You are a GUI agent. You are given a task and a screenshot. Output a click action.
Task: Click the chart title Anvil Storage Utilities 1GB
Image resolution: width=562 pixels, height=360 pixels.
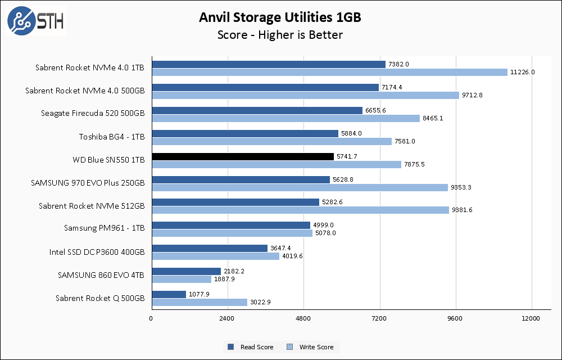[280, 17]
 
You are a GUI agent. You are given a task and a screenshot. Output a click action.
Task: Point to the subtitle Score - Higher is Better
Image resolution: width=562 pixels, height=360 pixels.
[280, 35]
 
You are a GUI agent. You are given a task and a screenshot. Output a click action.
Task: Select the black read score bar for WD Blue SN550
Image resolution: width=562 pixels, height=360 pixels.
[243, 156]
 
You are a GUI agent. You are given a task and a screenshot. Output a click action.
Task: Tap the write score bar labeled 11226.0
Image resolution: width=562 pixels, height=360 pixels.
[329, 72]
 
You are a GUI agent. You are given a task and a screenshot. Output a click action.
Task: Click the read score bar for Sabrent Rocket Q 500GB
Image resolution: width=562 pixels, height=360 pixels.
[169, 294]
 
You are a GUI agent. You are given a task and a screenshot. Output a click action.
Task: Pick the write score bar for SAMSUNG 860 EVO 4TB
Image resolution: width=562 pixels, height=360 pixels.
[182, 279]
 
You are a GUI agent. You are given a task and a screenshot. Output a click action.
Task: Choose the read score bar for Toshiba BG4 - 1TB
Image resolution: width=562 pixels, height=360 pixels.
[245, 133]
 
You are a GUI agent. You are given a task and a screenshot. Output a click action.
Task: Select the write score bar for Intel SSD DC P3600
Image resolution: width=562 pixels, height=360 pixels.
[215, 256]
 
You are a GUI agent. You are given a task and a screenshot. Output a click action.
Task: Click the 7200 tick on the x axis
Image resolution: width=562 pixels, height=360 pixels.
[379, 319]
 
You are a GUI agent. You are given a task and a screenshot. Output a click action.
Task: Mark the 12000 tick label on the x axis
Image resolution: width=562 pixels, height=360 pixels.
[531, 319]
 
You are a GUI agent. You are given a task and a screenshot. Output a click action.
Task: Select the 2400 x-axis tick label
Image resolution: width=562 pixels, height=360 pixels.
[227, 319]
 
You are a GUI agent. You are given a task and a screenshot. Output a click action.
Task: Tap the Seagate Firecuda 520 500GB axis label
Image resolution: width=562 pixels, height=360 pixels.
[93, 114]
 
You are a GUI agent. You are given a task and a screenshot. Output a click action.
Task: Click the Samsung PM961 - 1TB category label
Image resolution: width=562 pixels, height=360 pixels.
[105, 229]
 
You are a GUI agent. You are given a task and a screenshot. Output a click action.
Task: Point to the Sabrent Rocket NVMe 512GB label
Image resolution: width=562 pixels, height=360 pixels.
[92, 206]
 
